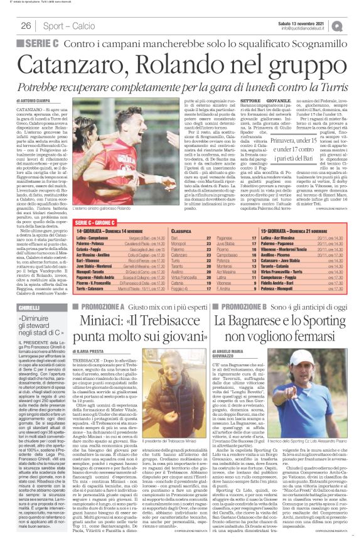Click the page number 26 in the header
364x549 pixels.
[x=26, y=26]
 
